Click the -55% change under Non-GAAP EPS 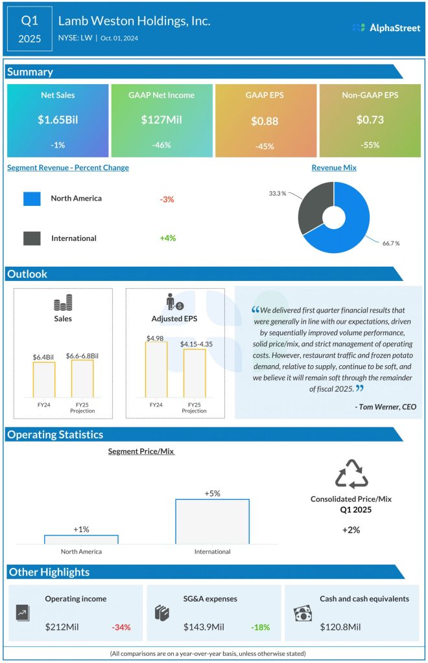pos(370,145)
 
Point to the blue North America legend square pos(32,199)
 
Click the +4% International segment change pos(168,238)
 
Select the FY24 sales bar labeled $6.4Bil pos(44,379)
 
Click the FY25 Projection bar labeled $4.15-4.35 pos(194,372)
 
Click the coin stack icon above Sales pos(63,303)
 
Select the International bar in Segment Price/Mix pos(212,521)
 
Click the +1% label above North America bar pos(81,530)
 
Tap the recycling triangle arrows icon pos(351,474)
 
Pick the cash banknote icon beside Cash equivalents pos(303,612)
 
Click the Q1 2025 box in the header pos(30,30)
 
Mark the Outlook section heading pos(27,275)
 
